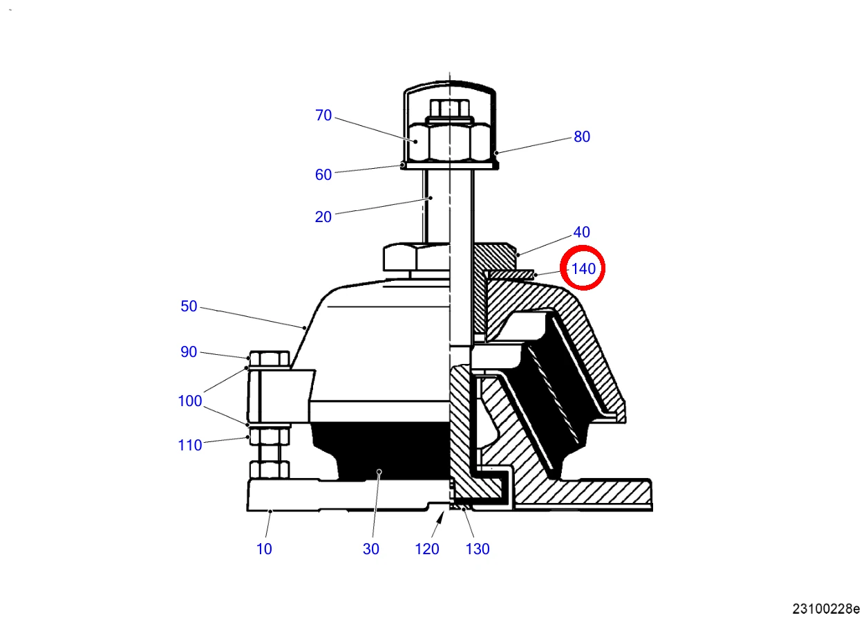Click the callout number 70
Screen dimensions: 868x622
(323, 116)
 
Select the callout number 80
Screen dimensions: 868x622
(582, 136)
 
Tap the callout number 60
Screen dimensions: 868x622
(323, 174)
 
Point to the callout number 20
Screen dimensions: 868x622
(323, 217)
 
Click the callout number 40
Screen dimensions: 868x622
(581, 232)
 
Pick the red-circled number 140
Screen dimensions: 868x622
(583, 268)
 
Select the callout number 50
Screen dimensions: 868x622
(189, 306)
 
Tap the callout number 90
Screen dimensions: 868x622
(189, 352)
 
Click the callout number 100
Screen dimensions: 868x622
(190, 401)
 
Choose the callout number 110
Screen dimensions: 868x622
(190, 445)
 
